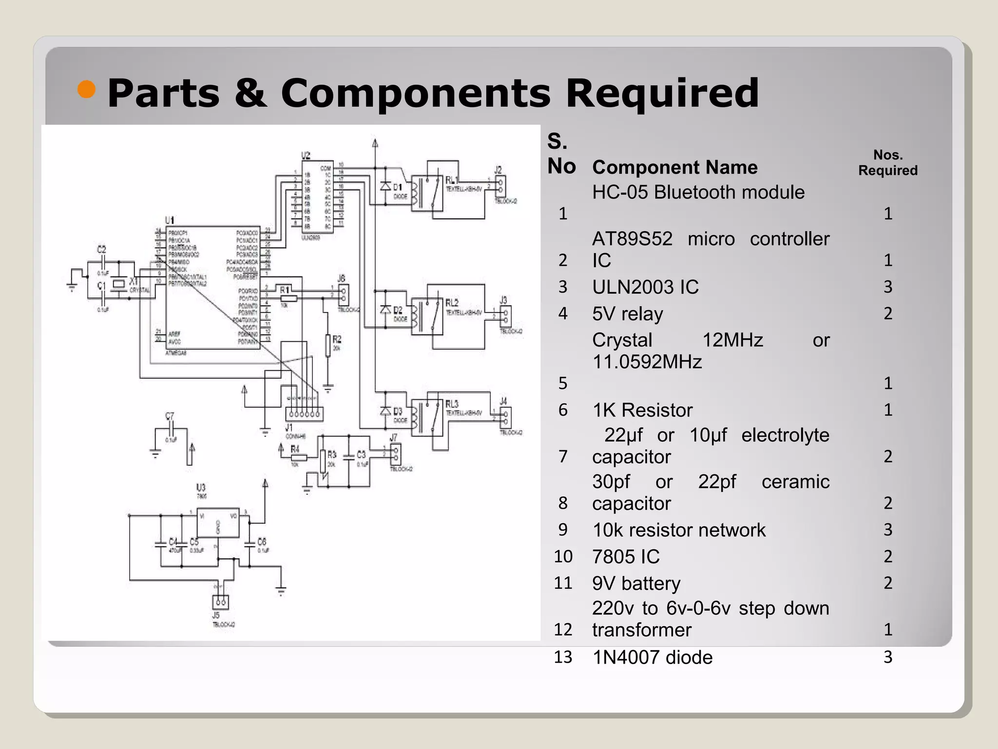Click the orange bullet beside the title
pyautogui.click(x=86, y=89)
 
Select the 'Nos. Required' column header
pyautogui.click(x=887, y=162)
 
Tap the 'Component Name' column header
pyautogui.click(x=674, y=167)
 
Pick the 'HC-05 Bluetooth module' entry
pyautogui.click(x=698, y=192)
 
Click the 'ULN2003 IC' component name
pyautogui.click(x=645, y=287)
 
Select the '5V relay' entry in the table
pyautogui.click(x=627, y=314)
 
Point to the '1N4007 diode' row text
pyautogui.click(x=652, y=657)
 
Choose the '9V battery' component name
pyautogui.click(x=636, y=583)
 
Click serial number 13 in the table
pyautogui.click(x=563, y=657)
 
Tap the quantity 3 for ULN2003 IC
pyautogui.click(x=888, y=287)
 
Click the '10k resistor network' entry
pyautogui.click(x=678, y=530)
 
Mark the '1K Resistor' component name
pyautogui.click(x=642, y=410)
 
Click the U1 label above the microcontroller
pyautogui.click(x=169, y=221)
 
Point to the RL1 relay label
pyautogui.click(x=451, y=180)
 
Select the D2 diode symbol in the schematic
pyautogui.click(x=386, y=309)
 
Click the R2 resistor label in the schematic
pyautogui.click(x=337, y=339)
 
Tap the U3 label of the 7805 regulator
pyautogui.click(x=201, y=487)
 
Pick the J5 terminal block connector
pyautogui.click(x=221, y=602)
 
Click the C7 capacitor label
pyautogui.click(x=169, y=416)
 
